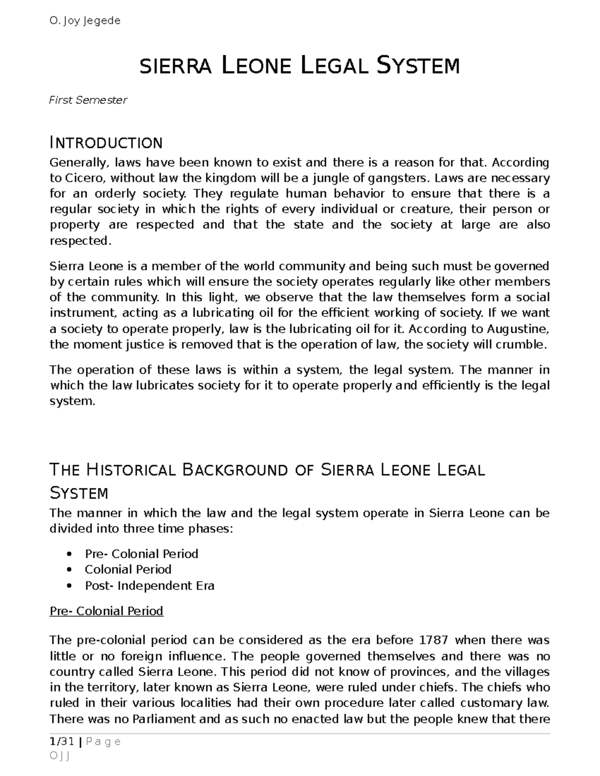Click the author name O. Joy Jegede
(x=84, y=21)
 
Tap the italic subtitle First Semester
(x=88, y=100)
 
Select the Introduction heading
(x=106, y=143)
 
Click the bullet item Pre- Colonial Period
(x=141, y=554)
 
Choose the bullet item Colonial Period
(x=128, y=570)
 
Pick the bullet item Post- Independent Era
(x=149, y=586)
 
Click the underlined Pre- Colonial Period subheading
(x=106, y=611)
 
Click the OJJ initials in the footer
(x=59, y=756)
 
